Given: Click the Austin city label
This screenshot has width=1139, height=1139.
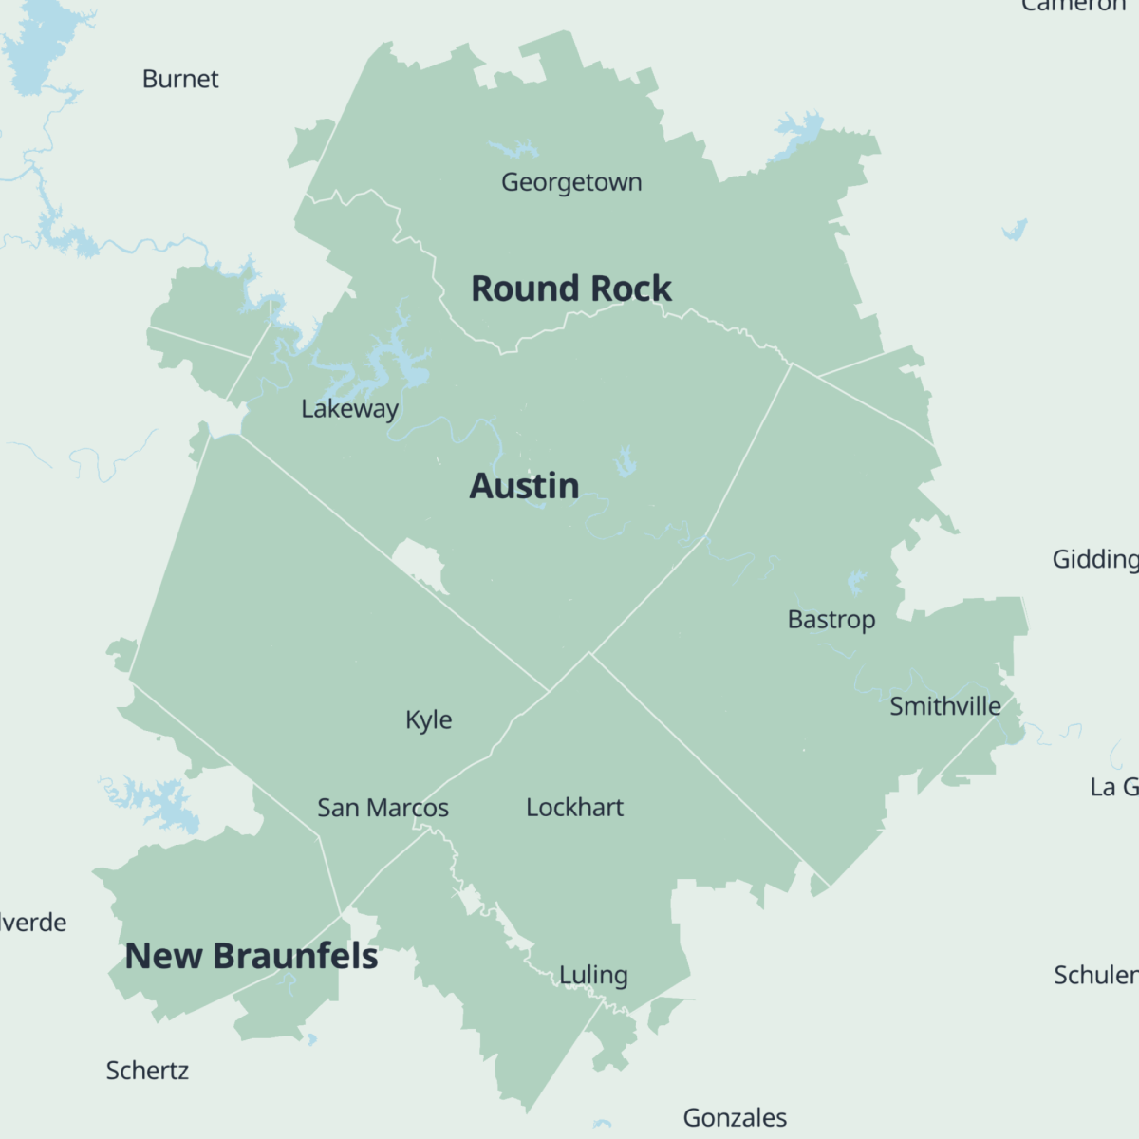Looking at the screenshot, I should coord(524,486).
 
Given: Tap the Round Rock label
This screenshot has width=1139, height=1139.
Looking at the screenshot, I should coord(570,289).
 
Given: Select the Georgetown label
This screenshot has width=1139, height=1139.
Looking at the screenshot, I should coord(571,181).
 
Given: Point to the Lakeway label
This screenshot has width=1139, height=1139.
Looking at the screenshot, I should coord(349,409).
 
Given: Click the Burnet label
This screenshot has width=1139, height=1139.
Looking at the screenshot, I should coord(180,79).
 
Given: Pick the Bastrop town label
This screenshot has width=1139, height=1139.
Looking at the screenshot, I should coord(831,620).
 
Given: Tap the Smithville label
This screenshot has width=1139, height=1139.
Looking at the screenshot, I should coord(944,706).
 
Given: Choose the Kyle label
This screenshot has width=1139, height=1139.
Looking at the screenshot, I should coord(428,720).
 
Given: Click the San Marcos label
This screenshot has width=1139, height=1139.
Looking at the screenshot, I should coord(383,808).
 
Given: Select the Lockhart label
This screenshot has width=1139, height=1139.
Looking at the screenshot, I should coord(574,808).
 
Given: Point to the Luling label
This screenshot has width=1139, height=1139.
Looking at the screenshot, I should coord(593,975).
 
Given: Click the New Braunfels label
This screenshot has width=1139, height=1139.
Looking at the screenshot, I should coord(252,956).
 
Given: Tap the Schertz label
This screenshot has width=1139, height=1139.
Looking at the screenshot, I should coord(147,1071).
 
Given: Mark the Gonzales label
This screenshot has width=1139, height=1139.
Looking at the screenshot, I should coord(735,1118).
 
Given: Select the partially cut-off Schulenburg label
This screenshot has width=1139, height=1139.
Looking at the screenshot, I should coord(1095,975).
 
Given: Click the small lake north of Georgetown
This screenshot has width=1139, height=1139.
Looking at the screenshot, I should coord(513,149).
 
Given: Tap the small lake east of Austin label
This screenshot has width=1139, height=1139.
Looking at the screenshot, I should coord(624,463).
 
